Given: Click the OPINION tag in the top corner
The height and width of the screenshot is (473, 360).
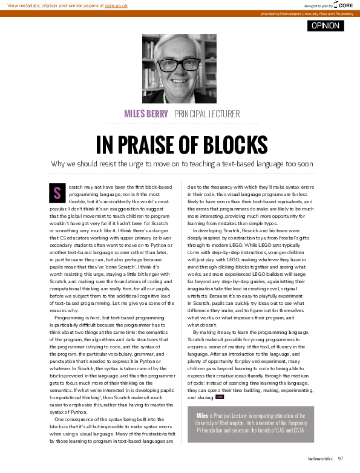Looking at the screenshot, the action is click(326, 25).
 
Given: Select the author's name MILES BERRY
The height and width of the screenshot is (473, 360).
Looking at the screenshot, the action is click(146, 113).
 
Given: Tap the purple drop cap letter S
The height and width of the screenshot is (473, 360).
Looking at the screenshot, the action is click(57, 193).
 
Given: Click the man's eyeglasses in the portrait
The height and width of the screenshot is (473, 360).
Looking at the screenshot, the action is click(180, 63).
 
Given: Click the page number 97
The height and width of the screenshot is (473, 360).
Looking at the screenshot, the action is click(341, 458).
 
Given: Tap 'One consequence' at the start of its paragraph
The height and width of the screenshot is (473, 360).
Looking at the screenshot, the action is click(73, 419).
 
